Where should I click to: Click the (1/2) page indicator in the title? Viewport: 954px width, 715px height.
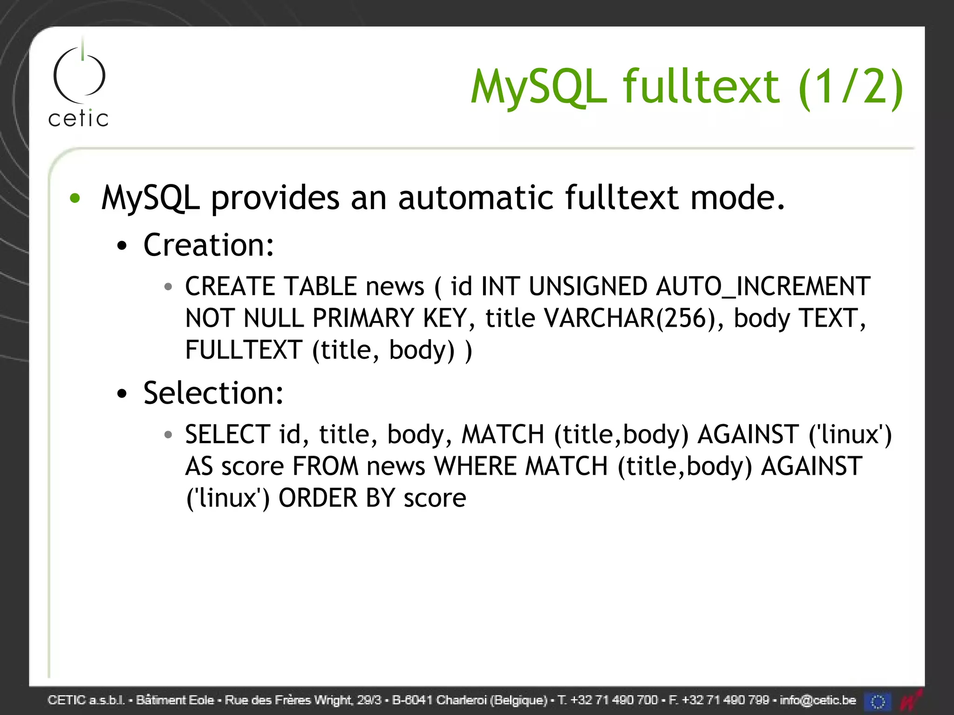pos(851,87)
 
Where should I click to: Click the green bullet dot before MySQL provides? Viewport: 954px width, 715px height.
pos(75,198)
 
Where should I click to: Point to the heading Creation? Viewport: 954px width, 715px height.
pos(209,245)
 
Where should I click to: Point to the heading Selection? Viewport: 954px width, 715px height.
pos(213,393)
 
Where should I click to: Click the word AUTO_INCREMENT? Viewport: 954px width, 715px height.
pos(763,286)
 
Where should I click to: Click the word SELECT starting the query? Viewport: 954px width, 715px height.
pos(228,435)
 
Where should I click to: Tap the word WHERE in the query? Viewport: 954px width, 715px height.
pos(475,466)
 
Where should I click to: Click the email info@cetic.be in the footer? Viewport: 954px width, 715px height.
pos(818,700)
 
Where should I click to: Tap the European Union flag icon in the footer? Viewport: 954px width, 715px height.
pos(878,701)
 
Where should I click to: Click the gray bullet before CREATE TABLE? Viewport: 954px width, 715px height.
pos(168,287)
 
